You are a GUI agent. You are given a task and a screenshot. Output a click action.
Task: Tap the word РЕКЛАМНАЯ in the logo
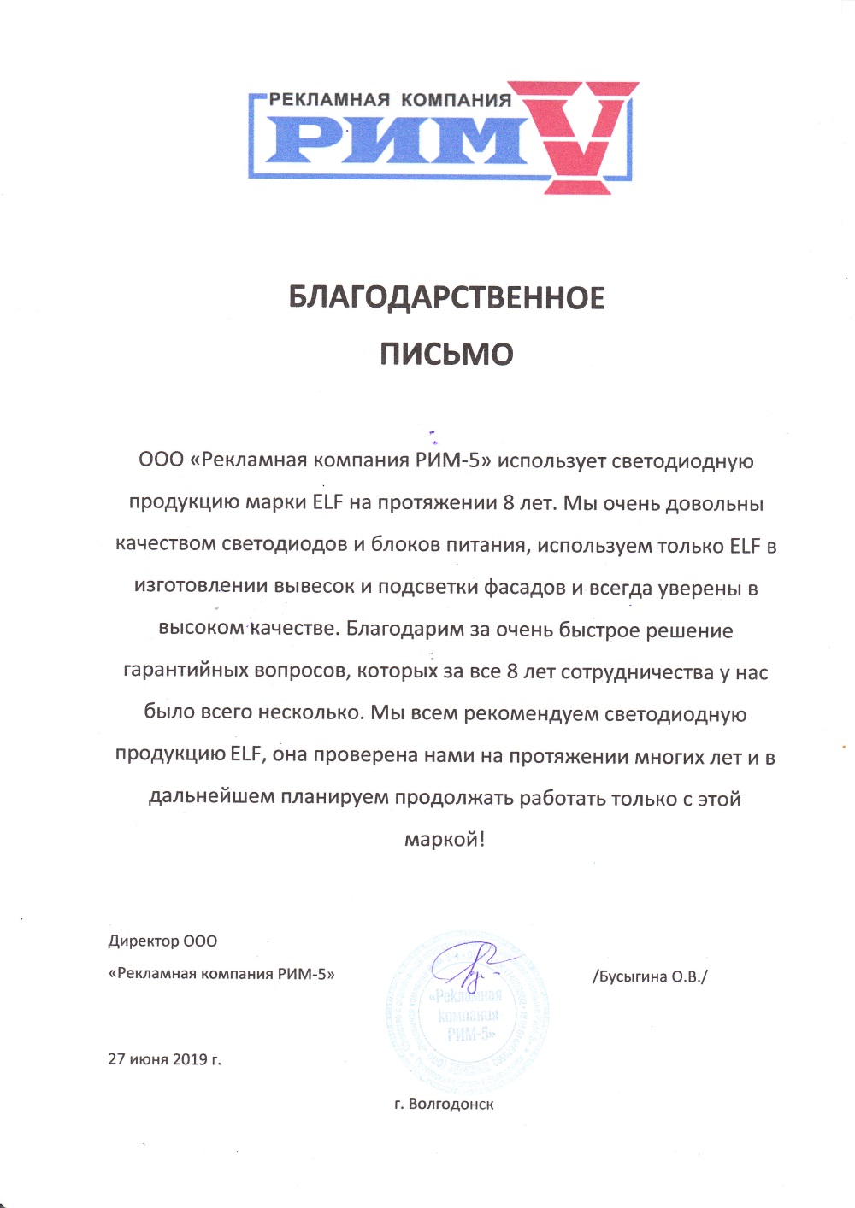tap(330, 100)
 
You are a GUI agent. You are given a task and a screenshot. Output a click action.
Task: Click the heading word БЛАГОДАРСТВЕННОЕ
tap(446, 298)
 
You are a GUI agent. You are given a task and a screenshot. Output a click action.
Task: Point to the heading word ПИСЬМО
tap(446, 354)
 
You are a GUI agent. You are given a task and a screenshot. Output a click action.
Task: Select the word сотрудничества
tap(637, 672)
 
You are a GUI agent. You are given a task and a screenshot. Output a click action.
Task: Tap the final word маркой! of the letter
tap(445, 840)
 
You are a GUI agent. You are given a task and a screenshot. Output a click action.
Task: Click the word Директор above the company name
tap(139, 941)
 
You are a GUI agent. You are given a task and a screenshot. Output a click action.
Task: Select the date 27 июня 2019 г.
tap(164, 1059)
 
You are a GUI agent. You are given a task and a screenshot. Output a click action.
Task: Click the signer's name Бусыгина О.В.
tap(650, 976)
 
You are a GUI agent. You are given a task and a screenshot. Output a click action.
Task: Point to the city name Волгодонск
tap(451, 1105)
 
